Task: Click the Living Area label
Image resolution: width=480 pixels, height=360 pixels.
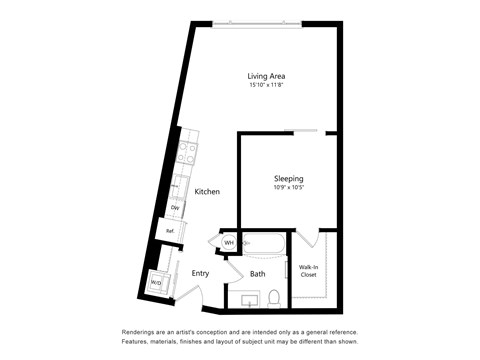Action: (268, 75)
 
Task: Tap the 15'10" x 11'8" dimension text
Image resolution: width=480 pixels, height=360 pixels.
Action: (268, 85)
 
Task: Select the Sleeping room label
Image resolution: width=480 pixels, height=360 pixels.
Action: (288, 178)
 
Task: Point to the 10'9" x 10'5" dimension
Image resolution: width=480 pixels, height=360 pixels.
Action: (288, 188)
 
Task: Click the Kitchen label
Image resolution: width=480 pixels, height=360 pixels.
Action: (207, 192)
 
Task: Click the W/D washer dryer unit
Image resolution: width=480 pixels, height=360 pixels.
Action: (156, 283)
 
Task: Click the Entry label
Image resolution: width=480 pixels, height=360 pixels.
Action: (200, 273)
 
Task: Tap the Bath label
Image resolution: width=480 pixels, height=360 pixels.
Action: (258, 274)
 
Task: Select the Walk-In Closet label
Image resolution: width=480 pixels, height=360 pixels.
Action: (309, 271)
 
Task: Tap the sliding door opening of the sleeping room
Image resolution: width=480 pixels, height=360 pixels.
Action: (302, 130)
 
